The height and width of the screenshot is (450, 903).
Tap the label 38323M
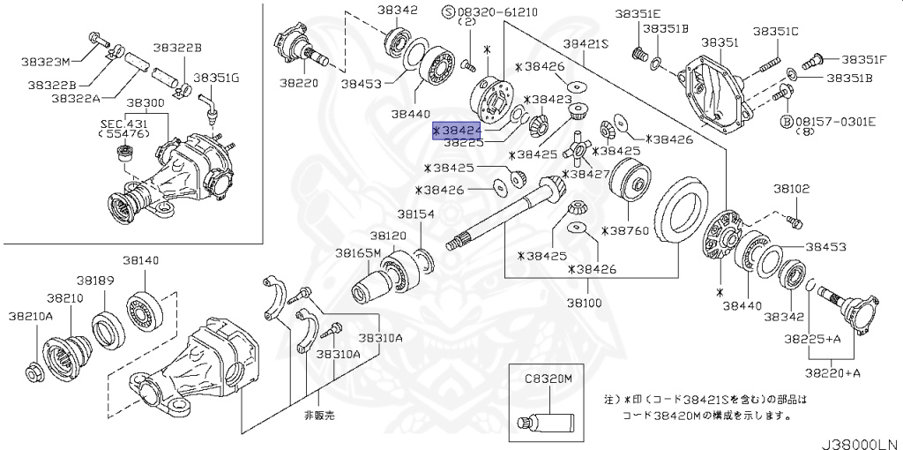46,62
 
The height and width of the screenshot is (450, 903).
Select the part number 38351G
216,78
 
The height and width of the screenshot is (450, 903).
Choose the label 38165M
358,253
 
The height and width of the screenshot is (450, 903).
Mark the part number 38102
792,189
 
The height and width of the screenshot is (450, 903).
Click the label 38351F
863,59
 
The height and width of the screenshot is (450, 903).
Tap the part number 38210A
32,315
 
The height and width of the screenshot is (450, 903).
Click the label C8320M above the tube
549,379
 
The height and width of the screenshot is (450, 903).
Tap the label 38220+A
836,373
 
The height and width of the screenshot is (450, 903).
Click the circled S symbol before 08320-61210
447,12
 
